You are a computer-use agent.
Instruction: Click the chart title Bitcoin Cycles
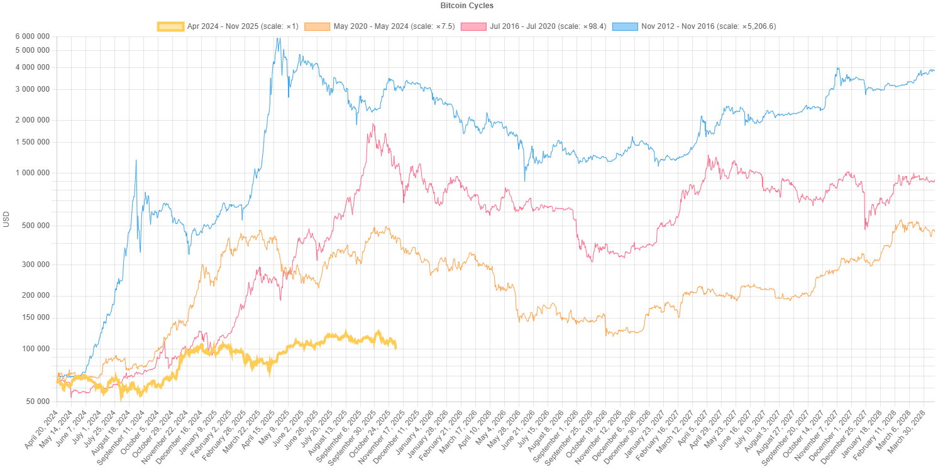click(467, 6)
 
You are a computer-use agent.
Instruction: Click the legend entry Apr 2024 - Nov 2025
click(243, 26)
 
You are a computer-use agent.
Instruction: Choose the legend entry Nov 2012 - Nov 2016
click(709, 26)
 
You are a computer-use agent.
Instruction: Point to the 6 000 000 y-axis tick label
click(32, 36)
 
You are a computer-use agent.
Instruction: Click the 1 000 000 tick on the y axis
click(32, 173)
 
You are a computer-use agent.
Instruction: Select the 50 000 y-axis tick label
click(36, 402)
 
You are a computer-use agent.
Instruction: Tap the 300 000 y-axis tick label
click(35, 265)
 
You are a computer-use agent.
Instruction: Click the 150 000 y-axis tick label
click(35, 317)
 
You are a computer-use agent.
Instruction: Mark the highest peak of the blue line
click(278, 39)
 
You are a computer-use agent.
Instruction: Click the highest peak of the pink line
click(373, 124)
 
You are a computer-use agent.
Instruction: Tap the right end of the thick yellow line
click(395, 347)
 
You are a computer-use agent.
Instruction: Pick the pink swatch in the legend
click(473, 26)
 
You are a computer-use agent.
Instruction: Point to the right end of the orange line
click(934, 232)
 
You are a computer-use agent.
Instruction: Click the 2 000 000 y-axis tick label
click(32, 120)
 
